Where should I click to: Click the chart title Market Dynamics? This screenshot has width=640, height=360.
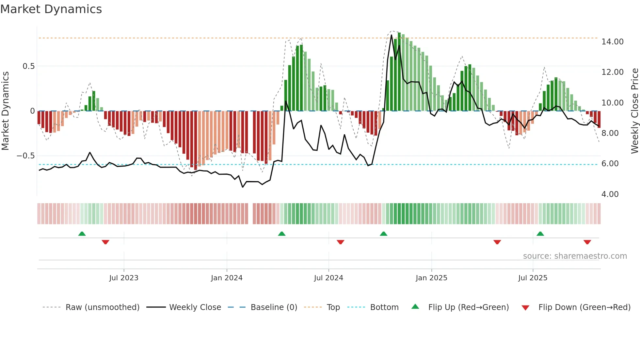click(51, 9)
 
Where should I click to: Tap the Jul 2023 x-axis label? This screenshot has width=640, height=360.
click(124, 278)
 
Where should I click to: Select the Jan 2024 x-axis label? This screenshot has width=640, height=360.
click(227, 278)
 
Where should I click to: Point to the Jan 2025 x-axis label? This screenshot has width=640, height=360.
click(431, 278)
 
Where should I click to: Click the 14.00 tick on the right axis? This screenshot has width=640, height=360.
click(612, 42)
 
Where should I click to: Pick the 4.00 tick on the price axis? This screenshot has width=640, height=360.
click(610, 194)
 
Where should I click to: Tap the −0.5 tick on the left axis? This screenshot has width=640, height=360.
click(25, 156)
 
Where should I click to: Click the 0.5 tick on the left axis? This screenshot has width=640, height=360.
click(28, 66)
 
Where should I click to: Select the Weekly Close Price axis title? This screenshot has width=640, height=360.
click(634, 111)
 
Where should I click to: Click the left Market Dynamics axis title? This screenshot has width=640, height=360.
click(5, 111)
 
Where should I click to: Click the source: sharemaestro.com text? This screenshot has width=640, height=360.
click(575, 256)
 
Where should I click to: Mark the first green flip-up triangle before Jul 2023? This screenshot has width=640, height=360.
click(82, 234)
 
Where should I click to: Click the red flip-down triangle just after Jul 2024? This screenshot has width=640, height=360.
click(340, 242)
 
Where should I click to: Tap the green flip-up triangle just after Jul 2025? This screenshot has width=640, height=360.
click(540, 234)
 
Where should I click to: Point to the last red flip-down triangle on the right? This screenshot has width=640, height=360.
click(587, 242)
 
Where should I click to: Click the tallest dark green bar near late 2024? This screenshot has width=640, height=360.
click(399, 72)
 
